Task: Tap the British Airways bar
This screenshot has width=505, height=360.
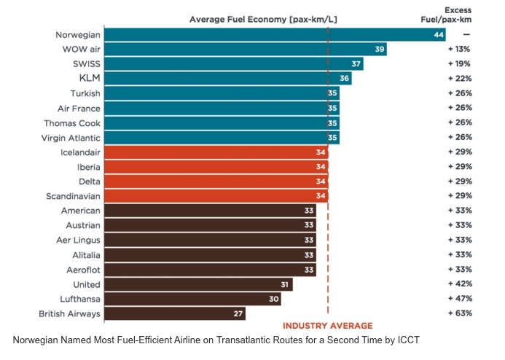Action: pyautogui.click(x=175, y=313)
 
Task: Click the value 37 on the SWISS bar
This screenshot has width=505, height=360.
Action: pyautogui.click(x=356, y=63)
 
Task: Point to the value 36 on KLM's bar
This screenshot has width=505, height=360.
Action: pyautogui.click(x=344, y=78)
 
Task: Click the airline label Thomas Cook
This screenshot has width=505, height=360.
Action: pyautogui.click(x=71, y=122)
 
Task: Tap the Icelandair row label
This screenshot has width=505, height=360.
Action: pyautogui.click(x=80, y=152)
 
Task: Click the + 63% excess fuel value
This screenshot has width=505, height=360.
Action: pyautogui.click(x=460, y=313)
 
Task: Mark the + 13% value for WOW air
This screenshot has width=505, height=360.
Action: pyautogui.click(x=460, y=49)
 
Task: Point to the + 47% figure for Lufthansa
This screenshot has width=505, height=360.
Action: pyautogui.click(x=460, y=299)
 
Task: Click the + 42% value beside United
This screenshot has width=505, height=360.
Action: pyautogui.click(x=460, y=284)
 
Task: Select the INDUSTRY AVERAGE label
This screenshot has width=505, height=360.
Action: pyautogui.click(x=327, y=326)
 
